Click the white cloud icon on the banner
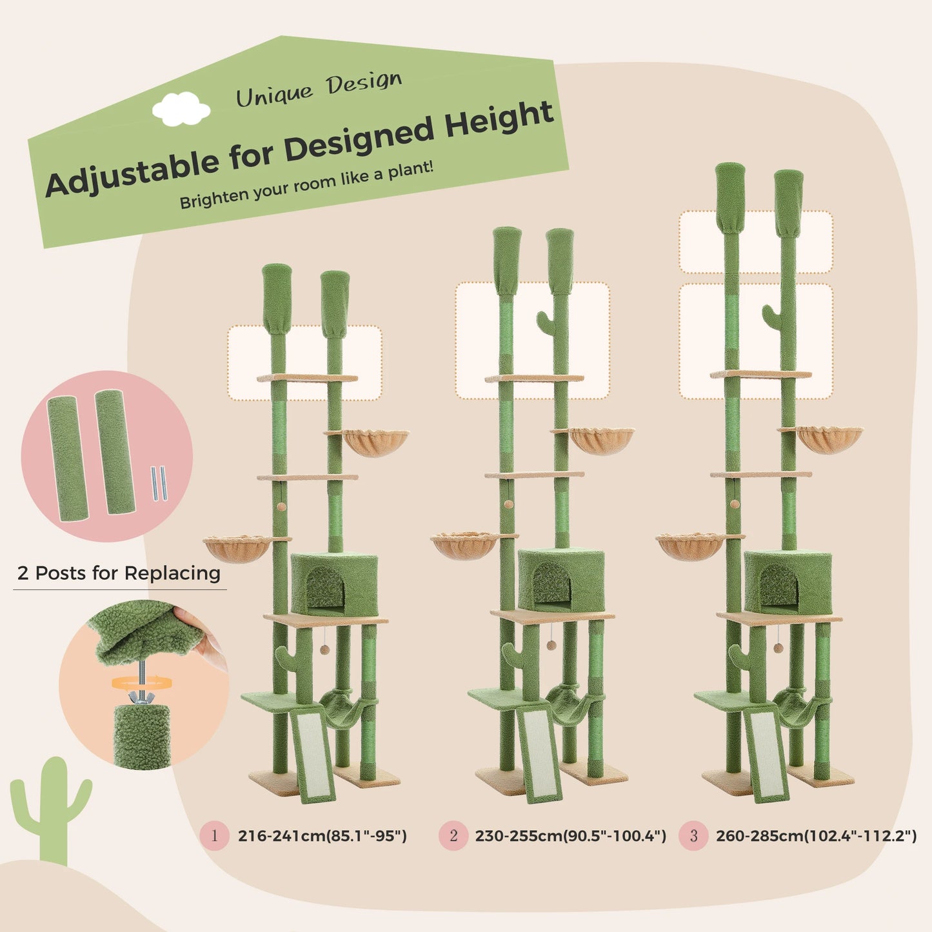[181, 108]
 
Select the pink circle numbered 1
[214, 836]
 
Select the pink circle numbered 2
[453, 836]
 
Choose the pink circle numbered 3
[693, 836]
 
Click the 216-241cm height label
[322, 836]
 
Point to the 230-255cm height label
[570, 836]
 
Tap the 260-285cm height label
[816, 836]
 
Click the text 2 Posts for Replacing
[119, 573]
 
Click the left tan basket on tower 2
[464, 546]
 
